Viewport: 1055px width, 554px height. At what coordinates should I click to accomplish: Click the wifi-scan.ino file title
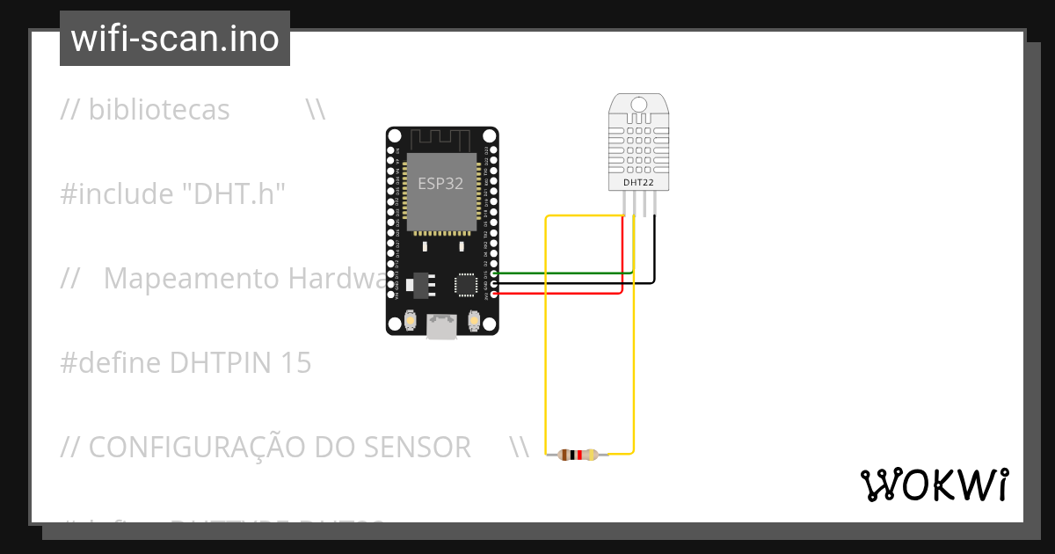pos(175,39)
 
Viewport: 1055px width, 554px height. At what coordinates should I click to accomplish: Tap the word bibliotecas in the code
pos(158,110)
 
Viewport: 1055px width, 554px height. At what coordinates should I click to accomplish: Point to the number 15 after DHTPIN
pos(295,363)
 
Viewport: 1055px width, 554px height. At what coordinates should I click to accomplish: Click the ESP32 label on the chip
pos(440,184)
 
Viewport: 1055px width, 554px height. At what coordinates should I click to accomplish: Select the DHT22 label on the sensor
pos(639,183)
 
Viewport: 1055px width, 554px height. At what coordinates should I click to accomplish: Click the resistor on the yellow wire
pos(577,455)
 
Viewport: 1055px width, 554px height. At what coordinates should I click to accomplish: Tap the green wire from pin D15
pos(563,273)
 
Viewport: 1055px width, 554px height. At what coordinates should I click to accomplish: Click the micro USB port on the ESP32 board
pos(441,327)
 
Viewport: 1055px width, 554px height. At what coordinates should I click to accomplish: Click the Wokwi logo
pos(933,485)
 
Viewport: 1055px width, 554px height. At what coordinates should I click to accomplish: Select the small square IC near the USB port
pos(465,284)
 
